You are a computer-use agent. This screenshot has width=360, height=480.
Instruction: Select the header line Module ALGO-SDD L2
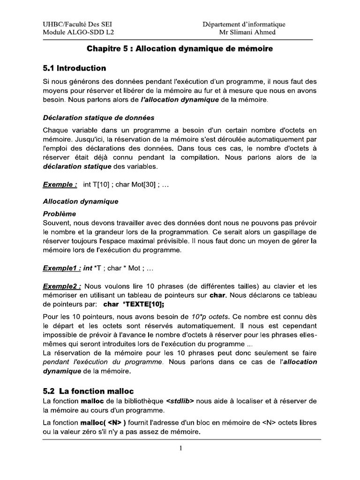pos(78,32)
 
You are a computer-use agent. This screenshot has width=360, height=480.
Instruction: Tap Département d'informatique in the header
pos(244,24)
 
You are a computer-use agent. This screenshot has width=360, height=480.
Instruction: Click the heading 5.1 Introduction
pos(74,68)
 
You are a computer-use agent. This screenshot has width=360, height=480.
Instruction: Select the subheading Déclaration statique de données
pos(98,117)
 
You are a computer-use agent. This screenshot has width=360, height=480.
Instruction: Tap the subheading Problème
pos(60,213)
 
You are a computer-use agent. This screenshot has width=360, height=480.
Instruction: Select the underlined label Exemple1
pos(62,269)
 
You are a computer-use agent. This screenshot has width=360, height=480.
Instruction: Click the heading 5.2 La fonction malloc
pos(88,391)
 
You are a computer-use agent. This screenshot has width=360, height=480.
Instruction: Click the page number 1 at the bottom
pos(180,448)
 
